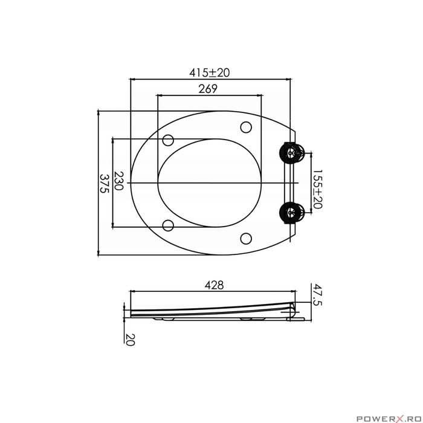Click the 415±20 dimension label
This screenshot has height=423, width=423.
(x=210, y=72)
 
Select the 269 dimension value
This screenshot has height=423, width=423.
(x=208, y=88)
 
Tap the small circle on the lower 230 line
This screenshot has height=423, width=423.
(x=169, y=226)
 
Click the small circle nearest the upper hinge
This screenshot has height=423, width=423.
(x=245, y=128)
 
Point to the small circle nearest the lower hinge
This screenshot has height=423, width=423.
(x=245, y=237)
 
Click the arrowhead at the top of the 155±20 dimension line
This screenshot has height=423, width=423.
(x=311, y=155)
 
